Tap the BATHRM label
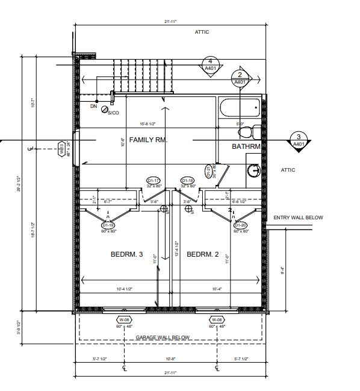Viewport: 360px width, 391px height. coord(246,146)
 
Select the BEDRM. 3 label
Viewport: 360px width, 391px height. coord(126,255)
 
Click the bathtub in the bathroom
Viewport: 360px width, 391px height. coord(241,108)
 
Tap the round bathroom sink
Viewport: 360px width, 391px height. coord(254,170)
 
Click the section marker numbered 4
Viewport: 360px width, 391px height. coord(210,65)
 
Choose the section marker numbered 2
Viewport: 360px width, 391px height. coord(240,78)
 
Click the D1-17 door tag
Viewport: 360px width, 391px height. coord(154,181)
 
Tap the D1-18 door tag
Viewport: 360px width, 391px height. coord(187,181)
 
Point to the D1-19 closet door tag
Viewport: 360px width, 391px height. coord(109,225)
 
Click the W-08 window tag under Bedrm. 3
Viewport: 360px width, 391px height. coord(125,319)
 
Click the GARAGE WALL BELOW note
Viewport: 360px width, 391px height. coord(163,337)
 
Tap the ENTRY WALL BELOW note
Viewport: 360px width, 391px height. coord(298,217)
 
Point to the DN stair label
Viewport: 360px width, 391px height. coord(93,106)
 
